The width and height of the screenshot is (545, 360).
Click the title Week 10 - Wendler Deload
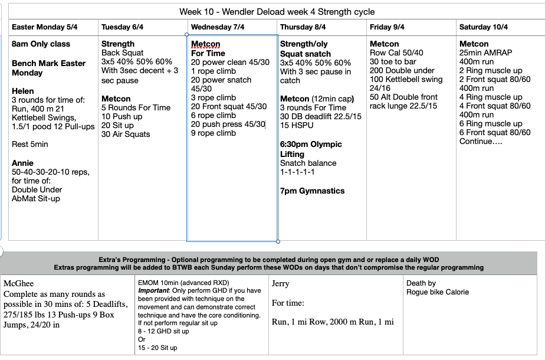(277, 11)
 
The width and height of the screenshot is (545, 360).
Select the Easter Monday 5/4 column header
(44, 27)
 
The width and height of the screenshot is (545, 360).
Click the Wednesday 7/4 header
(218, 27)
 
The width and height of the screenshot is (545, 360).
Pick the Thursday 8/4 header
(303, 27)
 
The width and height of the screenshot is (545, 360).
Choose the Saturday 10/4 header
(483, 27)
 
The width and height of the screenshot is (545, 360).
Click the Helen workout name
(23, 92)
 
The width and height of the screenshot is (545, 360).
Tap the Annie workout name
(22, 163)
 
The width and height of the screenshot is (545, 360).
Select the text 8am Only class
(41, 44)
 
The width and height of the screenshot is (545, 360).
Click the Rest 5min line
(31, 145)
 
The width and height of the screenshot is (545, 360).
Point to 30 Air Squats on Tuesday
(126, 135)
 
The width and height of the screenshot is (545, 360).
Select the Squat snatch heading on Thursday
(306, 54)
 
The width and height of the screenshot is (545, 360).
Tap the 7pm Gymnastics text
(312, 191)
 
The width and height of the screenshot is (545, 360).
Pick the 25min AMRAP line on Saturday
(485, 53)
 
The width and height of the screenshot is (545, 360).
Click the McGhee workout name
(19, 284)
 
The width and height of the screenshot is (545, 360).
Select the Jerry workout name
(280, 284)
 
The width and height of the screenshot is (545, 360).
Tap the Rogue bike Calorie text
(437, 292)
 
